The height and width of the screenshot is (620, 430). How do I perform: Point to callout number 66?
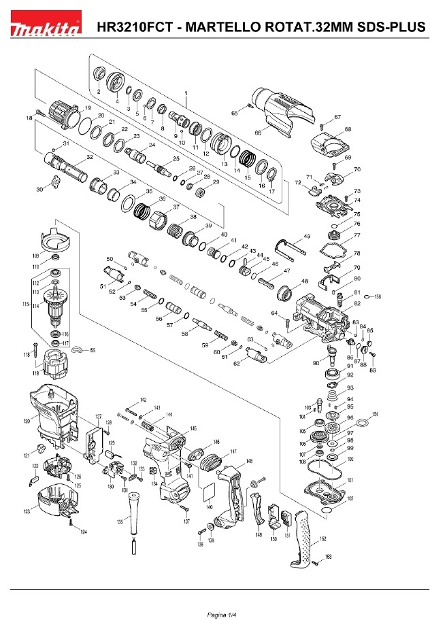258,133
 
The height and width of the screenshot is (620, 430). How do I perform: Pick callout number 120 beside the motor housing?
27,421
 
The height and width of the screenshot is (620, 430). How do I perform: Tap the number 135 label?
120,521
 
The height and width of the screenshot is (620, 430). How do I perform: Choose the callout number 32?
89,158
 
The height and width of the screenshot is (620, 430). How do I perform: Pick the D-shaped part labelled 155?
76,349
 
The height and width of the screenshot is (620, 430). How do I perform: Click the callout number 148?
249,462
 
